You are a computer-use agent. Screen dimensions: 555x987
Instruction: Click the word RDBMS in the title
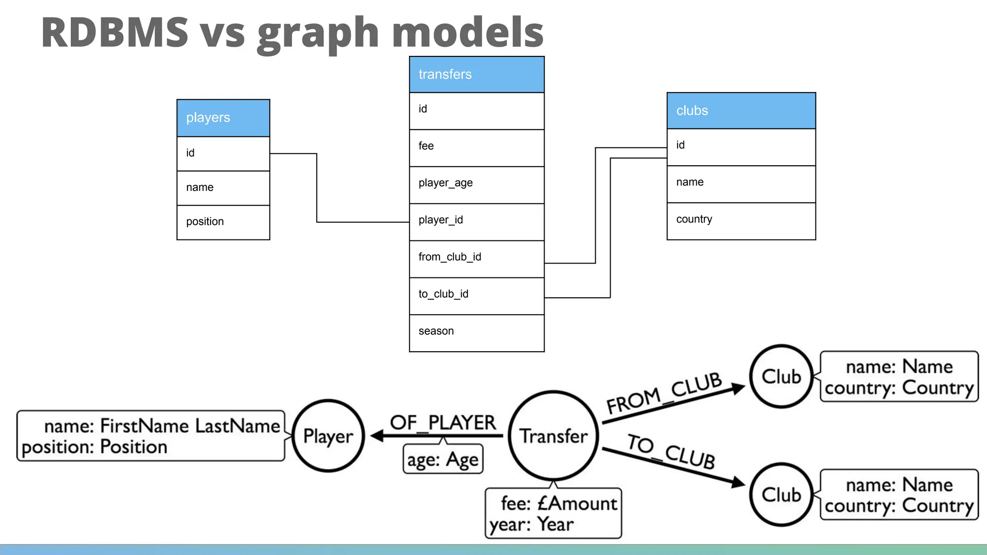click(x=115, y=33)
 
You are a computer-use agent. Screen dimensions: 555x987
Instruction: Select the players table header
click(x=223, y=118)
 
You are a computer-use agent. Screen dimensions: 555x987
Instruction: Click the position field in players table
click(x=223, y=222)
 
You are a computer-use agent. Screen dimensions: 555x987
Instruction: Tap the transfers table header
click(x=477, y=75)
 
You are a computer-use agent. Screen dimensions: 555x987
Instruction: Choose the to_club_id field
click(x=477, y=295)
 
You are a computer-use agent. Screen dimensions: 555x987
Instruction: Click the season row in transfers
click(x=477, y=332)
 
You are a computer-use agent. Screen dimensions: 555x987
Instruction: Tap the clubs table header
click(x=741, y=111)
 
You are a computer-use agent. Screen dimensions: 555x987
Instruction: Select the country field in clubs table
click(x=741, y=221)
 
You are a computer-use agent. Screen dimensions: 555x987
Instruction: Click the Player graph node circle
click(x=328, y=436)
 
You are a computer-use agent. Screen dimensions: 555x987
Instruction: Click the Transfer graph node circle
click(x=553, y=436)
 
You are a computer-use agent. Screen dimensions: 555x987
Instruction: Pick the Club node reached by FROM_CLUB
click(x=781, y=376)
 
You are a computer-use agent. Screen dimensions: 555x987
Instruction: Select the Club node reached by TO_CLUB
click(x=781, y=494)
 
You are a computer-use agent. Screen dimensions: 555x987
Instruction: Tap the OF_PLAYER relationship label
click(x=442, y=423)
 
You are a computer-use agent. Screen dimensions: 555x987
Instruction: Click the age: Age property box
click(x=442, y=460)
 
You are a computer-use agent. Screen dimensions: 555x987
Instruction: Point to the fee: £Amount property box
click(x=553, y=514)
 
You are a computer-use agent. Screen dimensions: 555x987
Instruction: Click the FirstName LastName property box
click(x=151, y=436)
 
